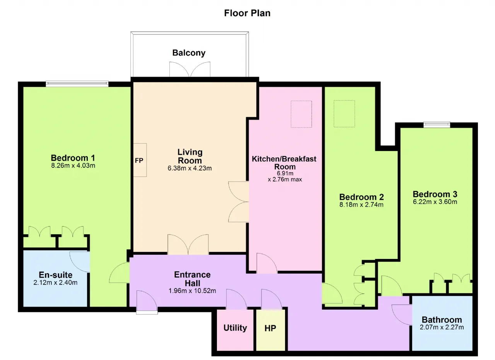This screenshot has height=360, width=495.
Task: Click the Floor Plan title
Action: click(x=247, y=13)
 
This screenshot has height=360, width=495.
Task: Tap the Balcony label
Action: click(x=189, y=53)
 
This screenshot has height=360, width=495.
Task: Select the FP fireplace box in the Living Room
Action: click(x=140, y=160)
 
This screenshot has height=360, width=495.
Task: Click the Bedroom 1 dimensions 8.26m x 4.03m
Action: click(x=73, y=166)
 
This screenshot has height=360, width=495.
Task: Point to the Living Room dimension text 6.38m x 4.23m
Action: click(x=189, y=168)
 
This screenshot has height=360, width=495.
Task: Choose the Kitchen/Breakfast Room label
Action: click(x=284, y=163)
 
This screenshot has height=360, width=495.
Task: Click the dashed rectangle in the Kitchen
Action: click(x=301, y=114)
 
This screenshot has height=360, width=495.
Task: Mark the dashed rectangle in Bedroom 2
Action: click(x=344, y=114)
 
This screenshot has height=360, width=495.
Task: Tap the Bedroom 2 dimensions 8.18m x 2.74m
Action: click(x=361, y=205)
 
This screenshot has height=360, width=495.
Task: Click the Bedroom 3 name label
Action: click(x=435, y=194)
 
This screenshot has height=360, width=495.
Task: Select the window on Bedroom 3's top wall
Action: click(x=437, y=125)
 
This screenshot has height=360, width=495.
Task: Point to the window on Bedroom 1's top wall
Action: click(x=77, y=84)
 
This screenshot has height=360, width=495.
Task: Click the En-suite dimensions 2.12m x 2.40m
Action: click(x=55, y=283)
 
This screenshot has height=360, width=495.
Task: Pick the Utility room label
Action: click(x=235, y=328)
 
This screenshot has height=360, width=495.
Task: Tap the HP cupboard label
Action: click(x=270, y=328)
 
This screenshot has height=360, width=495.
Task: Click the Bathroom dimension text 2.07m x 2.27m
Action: click(x=442, y=327)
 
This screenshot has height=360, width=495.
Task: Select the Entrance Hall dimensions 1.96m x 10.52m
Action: click(x=192, y=291)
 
